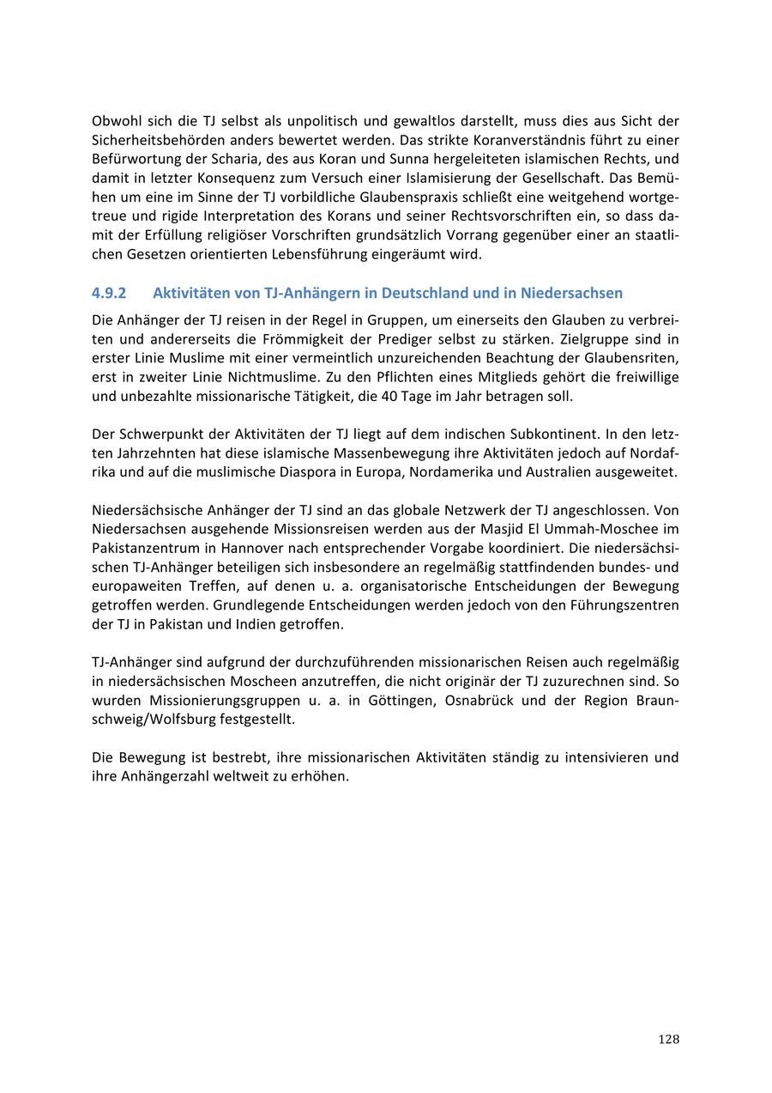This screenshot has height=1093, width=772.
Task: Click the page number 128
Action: (668, 1040)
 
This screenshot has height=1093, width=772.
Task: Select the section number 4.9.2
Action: (109, 293)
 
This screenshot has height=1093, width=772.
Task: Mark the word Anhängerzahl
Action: (160, 776)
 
